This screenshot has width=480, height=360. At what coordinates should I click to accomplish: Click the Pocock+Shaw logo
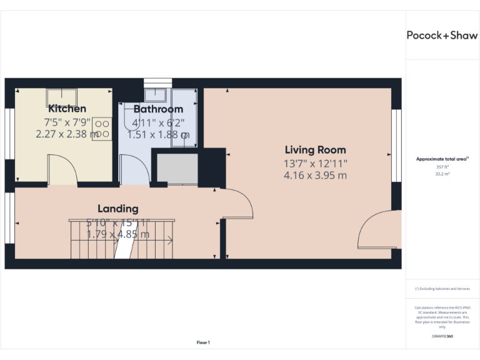[x=442, y=35]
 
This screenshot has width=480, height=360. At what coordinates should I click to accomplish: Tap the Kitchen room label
[x=67, y=109]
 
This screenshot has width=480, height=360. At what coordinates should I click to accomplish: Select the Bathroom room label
[x=158, y=109]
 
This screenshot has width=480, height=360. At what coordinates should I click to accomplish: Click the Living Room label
[x=315, y=150]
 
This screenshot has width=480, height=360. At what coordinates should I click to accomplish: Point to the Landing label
[x=117, y=209]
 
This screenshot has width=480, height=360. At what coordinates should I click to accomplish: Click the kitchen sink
[x=62, y=97]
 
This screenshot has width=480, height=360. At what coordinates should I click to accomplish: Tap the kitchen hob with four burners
[x=102, y=129]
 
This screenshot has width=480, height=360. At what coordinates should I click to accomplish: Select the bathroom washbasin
[x=154, y=94]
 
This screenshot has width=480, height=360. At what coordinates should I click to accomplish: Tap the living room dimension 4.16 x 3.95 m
[x=315, y=176]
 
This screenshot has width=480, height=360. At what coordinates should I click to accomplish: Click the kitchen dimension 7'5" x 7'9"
[x=67, y=122]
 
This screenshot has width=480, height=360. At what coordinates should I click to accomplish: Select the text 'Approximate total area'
[x=441, y=159]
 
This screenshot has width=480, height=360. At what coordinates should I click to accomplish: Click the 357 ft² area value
[x=442, y=167]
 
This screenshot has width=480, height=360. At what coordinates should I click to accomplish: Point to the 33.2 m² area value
[x=442, y=174]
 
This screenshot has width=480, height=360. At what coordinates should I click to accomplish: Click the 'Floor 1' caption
[x=203, y=342]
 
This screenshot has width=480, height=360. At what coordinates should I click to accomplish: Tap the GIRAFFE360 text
[x=442, y=336]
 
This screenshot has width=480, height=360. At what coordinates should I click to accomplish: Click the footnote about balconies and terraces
[x=442, y=289]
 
